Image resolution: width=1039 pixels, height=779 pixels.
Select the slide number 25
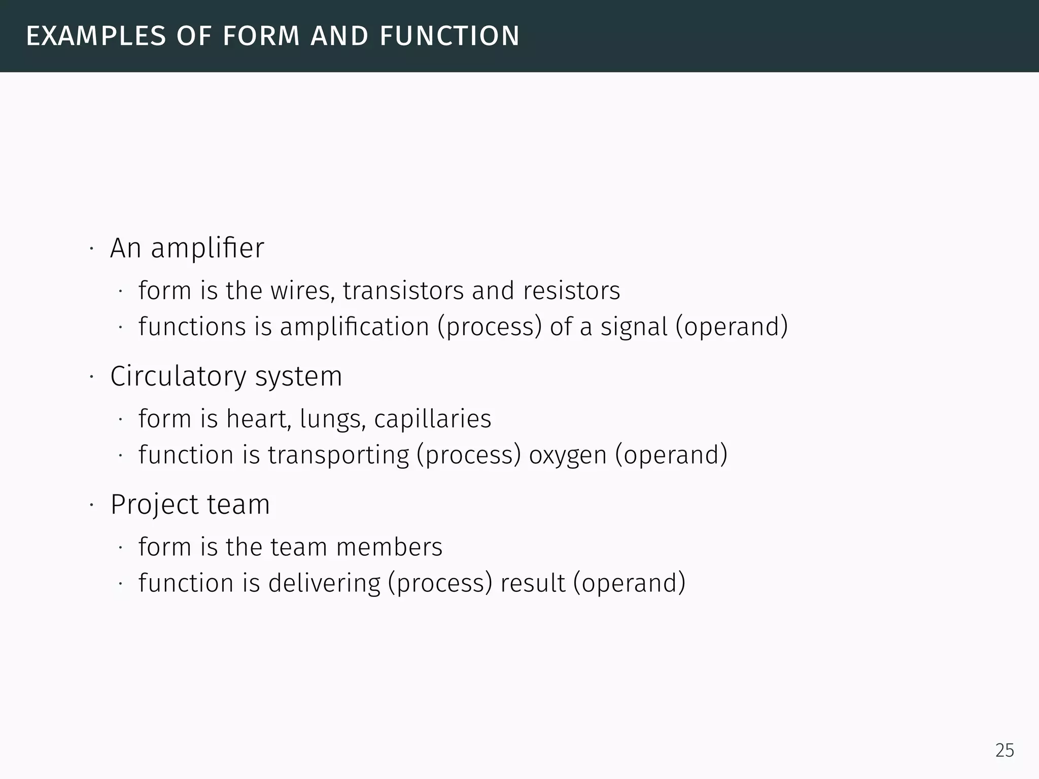[1005, 750]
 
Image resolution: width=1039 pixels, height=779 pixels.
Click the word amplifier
[207, 249]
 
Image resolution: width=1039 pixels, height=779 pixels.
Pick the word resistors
[571, 291]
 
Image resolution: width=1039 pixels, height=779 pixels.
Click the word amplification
[355, 327]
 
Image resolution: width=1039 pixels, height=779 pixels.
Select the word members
[389, 547]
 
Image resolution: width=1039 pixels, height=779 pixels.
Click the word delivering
[324, 583]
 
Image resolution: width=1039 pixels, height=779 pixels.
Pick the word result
[533, 583]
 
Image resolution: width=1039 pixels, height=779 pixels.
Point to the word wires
[302, 291]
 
